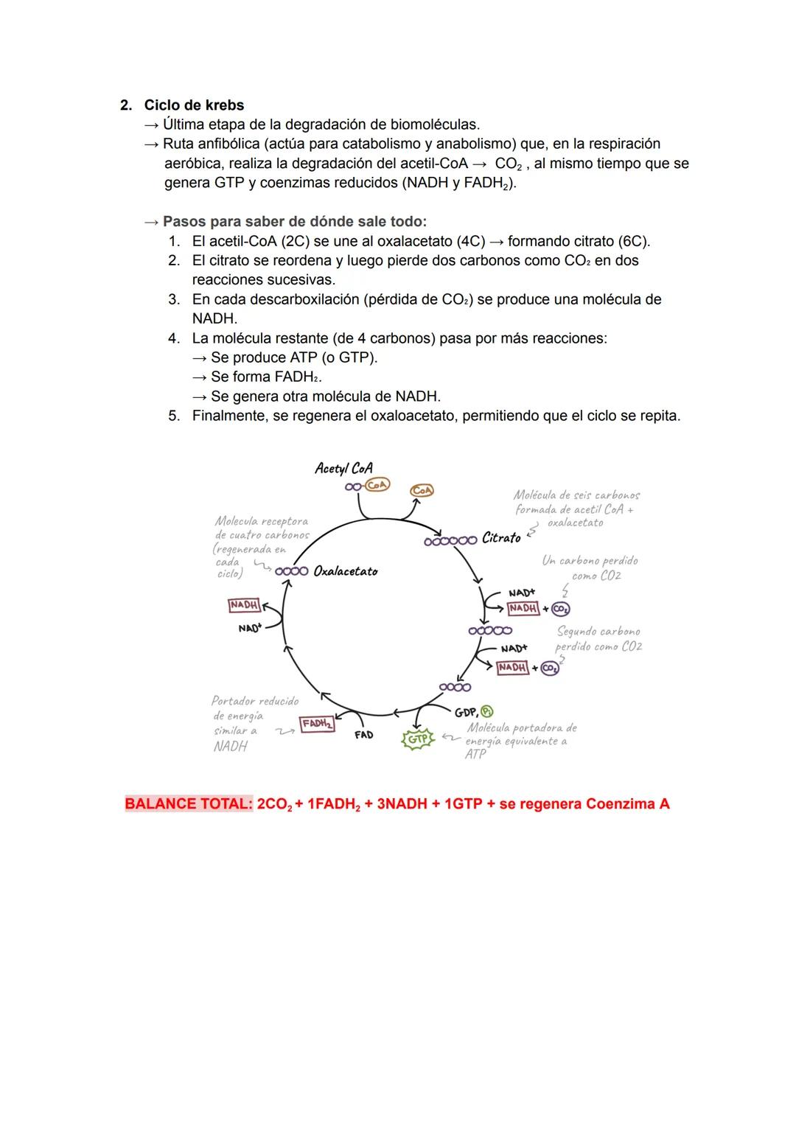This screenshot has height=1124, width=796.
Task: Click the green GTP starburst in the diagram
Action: [417, 738]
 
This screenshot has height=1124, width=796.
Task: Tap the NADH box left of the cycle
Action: [244, 605]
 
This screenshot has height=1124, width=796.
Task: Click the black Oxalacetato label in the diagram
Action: [345, 571]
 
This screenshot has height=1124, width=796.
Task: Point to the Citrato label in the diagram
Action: [501, 538]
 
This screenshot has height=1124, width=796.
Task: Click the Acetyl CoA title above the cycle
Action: [343, 468]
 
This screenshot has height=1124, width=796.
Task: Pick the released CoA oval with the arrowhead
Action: [422, 490]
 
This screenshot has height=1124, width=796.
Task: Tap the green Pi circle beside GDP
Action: [486, 711]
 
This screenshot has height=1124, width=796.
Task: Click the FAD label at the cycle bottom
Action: [363, 735]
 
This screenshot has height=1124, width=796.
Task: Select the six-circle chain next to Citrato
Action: [450, 540]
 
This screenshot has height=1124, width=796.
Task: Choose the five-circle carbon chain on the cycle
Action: [490, 631]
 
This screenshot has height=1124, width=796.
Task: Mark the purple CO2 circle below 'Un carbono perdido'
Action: [561, 609]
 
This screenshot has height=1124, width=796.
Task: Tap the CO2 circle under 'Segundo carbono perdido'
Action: [549, 668]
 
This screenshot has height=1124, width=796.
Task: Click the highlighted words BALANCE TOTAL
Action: [189, 803]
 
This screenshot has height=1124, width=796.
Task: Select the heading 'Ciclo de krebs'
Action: [194, 105]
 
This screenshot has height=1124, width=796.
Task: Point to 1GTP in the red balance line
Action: [461, 803]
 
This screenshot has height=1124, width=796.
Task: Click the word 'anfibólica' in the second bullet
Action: [234, 144]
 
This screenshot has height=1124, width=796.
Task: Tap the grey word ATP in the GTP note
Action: [475, 755]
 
